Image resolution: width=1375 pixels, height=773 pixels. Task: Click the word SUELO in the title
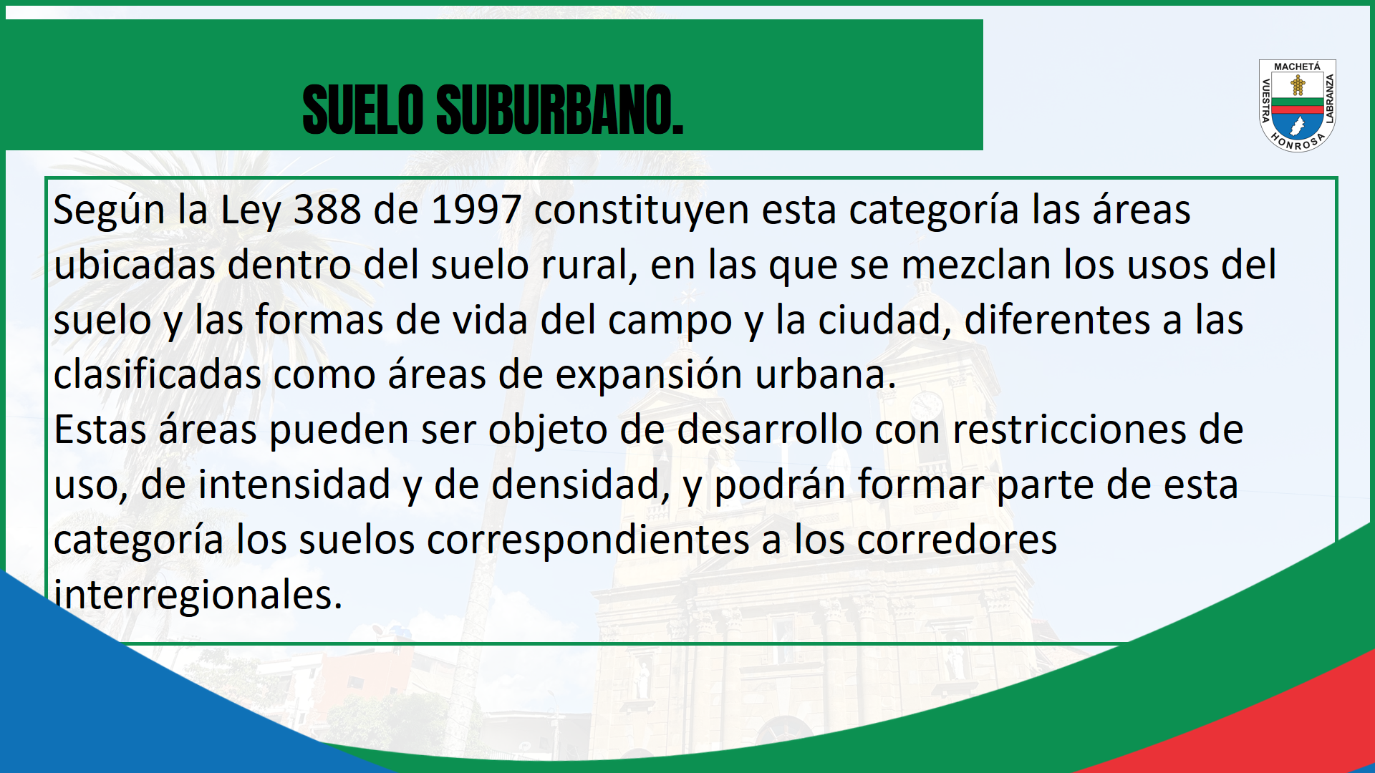point(363,110)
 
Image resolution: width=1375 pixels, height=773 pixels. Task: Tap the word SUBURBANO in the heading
point(559,110)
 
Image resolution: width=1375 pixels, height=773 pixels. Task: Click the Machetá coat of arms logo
point(1298,105)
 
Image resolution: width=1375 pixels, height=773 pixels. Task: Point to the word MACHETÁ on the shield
point(1297,67)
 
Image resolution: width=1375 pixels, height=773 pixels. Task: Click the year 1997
point(476,210)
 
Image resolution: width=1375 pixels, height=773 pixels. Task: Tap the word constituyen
point(642,211)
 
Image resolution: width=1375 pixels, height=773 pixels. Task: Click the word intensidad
point(294,485)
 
